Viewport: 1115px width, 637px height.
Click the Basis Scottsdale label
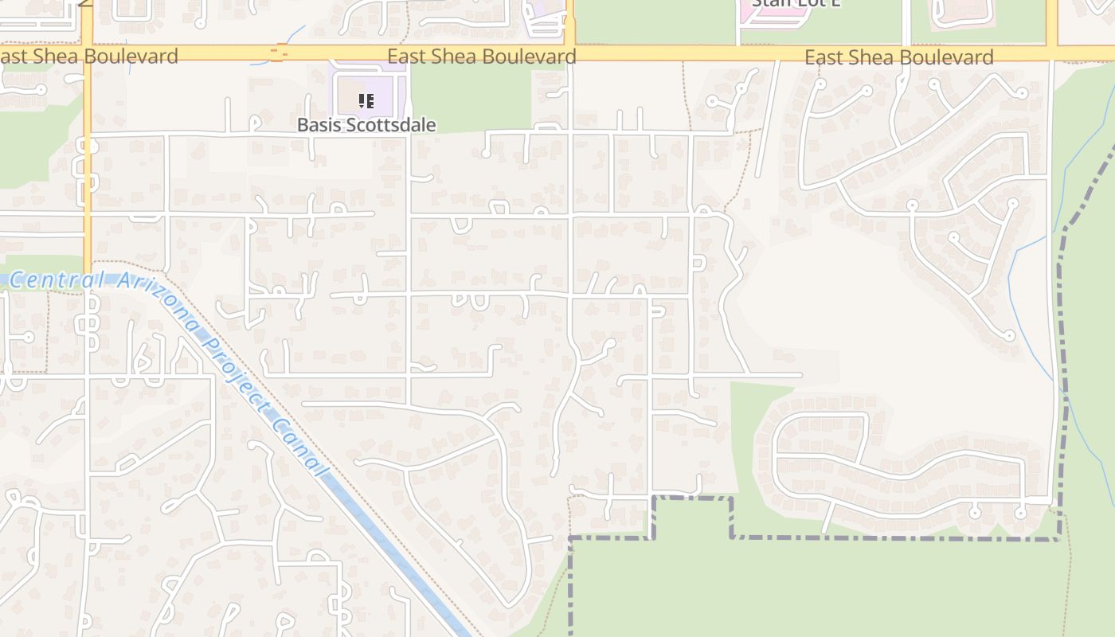tap(366, 125)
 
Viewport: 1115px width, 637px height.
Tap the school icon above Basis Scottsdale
tap(366, 101)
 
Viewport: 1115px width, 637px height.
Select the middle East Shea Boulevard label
tap(482, 57)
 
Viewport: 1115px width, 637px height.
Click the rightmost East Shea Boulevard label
tap(899, 57)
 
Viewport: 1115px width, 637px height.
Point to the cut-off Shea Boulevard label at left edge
tap(88, 56)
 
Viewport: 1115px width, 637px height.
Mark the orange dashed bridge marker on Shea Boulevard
tap(277, 53)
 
